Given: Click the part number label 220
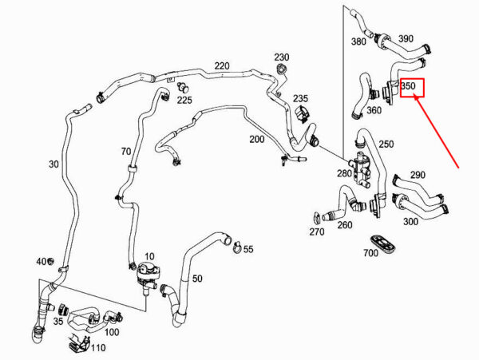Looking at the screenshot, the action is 222,66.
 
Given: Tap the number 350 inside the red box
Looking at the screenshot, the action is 409,85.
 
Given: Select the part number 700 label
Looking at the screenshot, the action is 370,253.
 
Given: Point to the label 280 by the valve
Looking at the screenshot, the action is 344,173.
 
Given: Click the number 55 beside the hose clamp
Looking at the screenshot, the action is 248,249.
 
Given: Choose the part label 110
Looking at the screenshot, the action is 98,348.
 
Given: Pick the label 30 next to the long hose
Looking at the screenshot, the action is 53,164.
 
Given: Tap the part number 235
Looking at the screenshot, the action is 301,99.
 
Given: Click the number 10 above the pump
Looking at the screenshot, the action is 150,256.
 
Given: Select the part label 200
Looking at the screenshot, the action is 257,139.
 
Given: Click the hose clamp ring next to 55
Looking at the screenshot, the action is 238,247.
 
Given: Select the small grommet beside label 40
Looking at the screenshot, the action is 50,261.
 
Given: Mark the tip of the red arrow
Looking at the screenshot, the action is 414,95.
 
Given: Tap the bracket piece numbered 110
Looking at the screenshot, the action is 79,343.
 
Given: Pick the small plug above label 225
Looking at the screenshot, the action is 183,88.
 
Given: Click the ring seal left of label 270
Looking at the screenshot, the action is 316,217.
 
